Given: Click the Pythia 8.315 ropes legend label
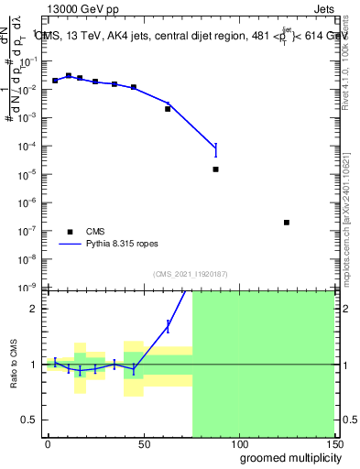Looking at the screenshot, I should coord(125,245).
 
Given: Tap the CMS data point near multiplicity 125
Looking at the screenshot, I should coord(287,223).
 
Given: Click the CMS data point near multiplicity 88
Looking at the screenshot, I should coord(216,169).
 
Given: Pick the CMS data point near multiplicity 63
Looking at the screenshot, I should coord(168,109).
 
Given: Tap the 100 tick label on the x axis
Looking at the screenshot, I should coord(238,444).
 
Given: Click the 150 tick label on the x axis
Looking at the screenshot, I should coord(333,444).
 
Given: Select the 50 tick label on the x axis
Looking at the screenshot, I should coord(143,444).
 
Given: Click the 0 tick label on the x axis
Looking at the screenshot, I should coord(48,444).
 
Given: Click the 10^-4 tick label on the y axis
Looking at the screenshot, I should coord(26,147).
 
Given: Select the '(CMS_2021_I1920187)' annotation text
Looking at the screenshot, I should coord(190,275).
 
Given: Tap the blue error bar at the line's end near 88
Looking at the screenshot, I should coord(216,148).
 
